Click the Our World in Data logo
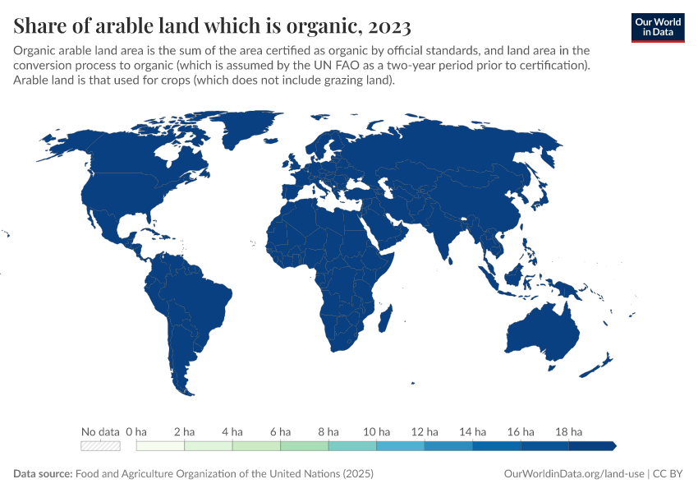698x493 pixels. point(657,27)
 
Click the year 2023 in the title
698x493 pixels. point(390,26)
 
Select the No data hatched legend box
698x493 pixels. point(100,446)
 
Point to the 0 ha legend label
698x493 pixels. point(136,431)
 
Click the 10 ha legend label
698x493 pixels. point(376,431)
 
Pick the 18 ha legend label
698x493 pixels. point(568,431)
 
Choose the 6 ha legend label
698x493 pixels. point(280,431)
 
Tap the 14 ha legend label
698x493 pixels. point(472,431)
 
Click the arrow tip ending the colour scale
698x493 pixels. point(614,446)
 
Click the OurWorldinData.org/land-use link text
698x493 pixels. point(573,474)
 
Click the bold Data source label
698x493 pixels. point(43,474)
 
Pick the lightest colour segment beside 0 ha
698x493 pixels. point(160,446)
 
